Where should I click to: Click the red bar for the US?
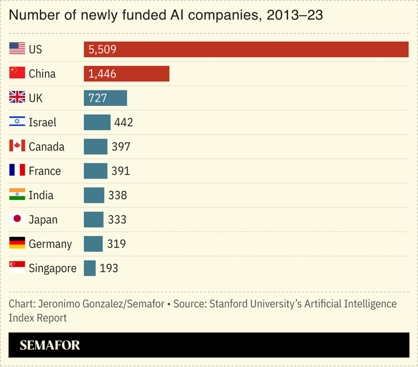click(x=246, y=50)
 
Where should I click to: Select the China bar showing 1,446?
click(x=126, y=74)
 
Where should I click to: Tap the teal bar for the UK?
click(x=105, y=98)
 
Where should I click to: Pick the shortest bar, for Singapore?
click(x=89, y=268)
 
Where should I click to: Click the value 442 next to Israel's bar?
click(x=123, y=123)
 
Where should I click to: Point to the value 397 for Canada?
click(x=120, y=147)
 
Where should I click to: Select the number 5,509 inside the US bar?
click(x=102, y=50)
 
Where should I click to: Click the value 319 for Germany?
click(x=116, y=244)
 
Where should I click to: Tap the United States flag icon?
click(x=17, y=49)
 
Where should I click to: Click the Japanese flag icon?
click(x=17, y=219)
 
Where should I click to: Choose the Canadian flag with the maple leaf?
click(x=17, y=146)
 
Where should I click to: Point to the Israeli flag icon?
click(x=17, y=122)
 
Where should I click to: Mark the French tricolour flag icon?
click(x=17, y=171)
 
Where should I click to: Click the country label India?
click(x=41, y=196)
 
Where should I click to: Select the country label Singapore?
click(x=52, y=269)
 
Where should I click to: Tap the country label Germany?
click(x=50, y=244)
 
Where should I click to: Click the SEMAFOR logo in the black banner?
click(x=50, y=345)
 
